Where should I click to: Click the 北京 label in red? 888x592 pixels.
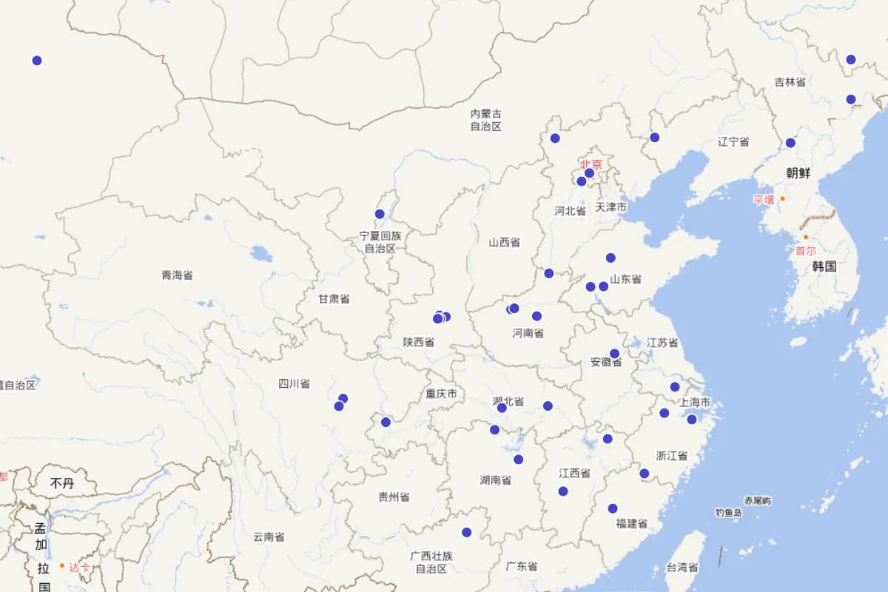pyautogui.click(x=591, y=164)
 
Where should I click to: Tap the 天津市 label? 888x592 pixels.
pyautogui.click(x=611, y=207)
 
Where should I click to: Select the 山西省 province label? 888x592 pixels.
pyautogui.click(x=504, y=242)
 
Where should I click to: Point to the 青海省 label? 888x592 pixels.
pyautogui.click(x=177, y=275)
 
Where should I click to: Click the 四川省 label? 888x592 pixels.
pyautogui.click(x=294, y=383)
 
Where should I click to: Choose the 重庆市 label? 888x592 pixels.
pyautogui.click(x=441, y=394)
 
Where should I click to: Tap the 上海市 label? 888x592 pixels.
pyautogui.click(x=695, y=403)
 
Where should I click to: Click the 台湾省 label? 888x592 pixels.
pyautogui.click(x=682, y=568)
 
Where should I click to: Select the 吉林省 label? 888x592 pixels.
pyautogui.click(x=790, y=82)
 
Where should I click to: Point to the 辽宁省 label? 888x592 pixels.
pyautogui.click(x=733, y=141)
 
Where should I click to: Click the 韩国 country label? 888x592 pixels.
pyautogui.click(x=824, y=266)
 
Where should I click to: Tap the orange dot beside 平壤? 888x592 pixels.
pyautogui.click(x=782, y=198)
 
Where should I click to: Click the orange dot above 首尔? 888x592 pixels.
pyautogui.click(x=806, y=238)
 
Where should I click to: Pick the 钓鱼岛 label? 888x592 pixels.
pyautogui.click(x=728, y=512)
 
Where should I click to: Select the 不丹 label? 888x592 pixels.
pyautogui.click(x=62, y=483)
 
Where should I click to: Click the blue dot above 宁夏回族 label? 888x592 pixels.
pyautogui.click(x=380, y=214)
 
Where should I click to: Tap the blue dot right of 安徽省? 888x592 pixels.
pyautogui.click(x=614, y=354)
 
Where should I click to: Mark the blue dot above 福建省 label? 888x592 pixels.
pyautogui.click(x=613, y=508)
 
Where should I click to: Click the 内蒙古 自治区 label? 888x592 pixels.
pyautogui.click(x=485, y=120)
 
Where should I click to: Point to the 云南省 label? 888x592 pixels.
pyautogui.click(x=269, y=536)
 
